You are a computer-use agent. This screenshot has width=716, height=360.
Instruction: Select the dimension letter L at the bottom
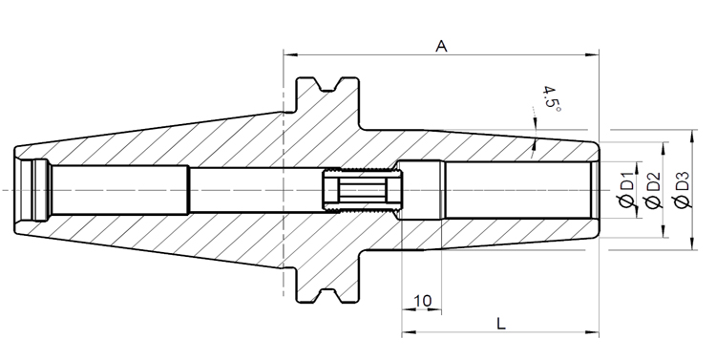pyautogui.click(x=501, y=322)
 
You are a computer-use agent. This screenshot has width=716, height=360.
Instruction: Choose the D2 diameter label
pyautogui.click(x=654, y=189)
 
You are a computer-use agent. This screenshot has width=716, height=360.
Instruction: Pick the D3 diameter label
pyautogui.click(x=681, y=189)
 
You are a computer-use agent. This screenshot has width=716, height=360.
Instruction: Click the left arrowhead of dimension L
pyautogui.click(x=406, y=333)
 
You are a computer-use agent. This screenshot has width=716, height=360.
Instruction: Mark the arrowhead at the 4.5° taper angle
pyautogui.click(x=536, y=143)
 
